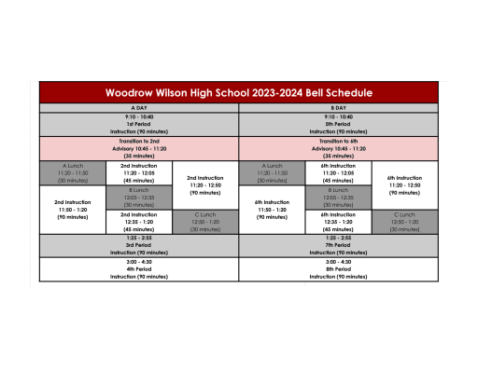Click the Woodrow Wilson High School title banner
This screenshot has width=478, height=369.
(x=239, y=93)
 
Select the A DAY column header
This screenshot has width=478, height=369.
(x=138, y=107)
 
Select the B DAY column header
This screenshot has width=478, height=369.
(x=339, y=107)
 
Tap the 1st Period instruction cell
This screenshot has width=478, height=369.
(x=138, y=124)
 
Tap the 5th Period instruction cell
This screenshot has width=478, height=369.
(x=339, y=124)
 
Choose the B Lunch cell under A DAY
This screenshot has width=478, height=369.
(x=138, y=197)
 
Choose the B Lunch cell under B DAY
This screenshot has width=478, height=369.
(x=339, y=197)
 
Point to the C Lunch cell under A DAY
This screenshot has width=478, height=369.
(x=204, y=221)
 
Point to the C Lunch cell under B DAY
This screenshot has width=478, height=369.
(x=405, y=221)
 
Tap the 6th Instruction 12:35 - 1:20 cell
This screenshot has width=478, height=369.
(x=339, y=221)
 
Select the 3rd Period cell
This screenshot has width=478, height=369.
(x=138, y=245)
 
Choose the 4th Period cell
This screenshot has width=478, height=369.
(x=138, y=269)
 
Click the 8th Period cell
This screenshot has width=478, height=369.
(x=339, y=269)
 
